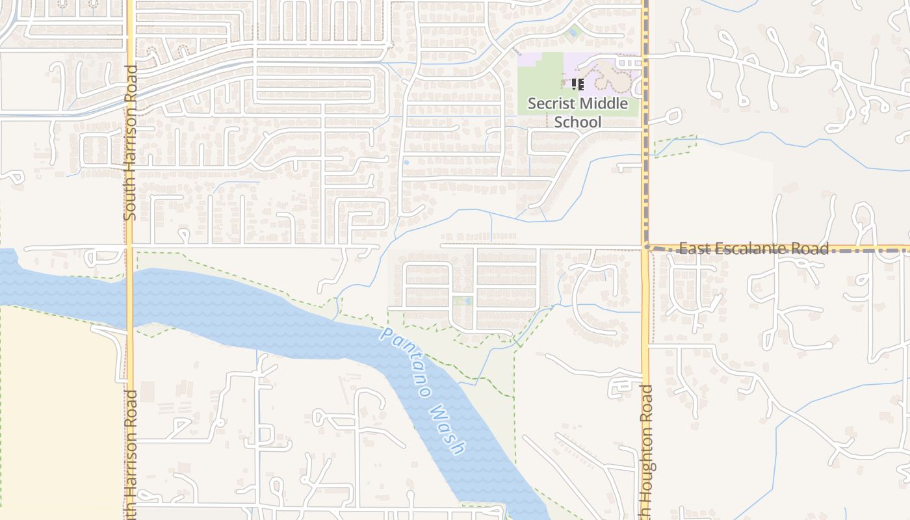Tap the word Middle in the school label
[604, 103]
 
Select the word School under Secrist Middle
[578, 122]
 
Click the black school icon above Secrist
[578, 84]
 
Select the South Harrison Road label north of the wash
[130, 142]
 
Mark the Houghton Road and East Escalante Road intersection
[645, 248]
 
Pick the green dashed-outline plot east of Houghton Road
[673, 146]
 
